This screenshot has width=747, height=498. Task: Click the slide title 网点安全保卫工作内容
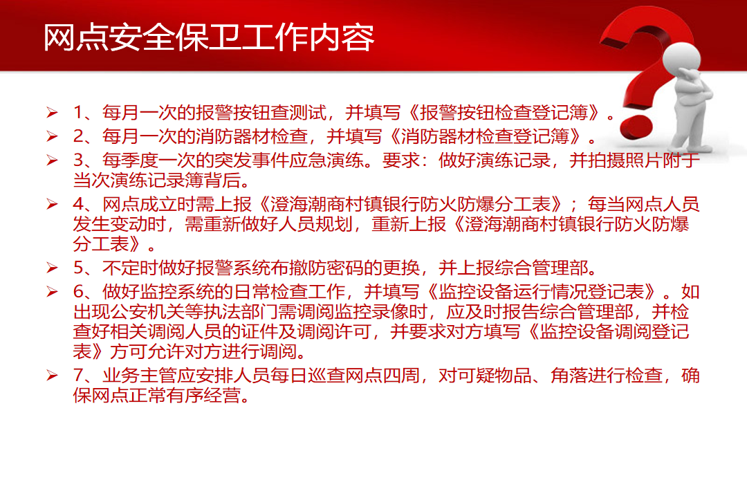(209, 37)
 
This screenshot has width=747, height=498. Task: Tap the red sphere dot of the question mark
(637, 126)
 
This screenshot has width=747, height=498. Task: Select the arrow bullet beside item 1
(53, 113)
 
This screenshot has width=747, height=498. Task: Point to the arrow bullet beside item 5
(53, 268)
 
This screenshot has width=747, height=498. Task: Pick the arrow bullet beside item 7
(53, 376)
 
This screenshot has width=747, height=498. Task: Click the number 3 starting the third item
(79, 160)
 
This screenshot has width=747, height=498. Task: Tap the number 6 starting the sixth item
(79, 292)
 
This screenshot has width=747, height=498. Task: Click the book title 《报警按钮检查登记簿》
(504, 113)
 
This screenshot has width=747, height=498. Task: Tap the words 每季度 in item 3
(130, 160)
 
